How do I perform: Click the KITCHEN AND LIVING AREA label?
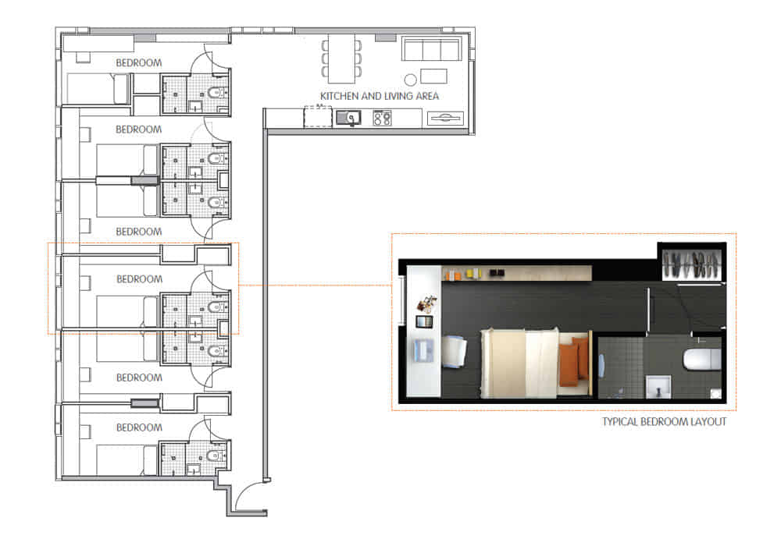point(380,96)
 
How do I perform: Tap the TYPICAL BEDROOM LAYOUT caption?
point(664,422)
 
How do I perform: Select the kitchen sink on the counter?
point(349,118)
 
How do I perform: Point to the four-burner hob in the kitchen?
point(382,119)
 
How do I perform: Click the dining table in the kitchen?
point(342,58)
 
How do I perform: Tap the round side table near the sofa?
point(410,79)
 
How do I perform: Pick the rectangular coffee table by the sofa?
point(433,76)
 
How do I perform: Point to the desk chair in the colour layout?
point(454,350)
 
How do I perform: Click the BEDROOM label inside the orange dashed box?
point(139,278)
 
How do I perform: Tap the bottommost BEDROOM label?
point(139,427)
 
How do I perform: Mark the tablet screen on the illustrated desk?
point(425,321)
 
